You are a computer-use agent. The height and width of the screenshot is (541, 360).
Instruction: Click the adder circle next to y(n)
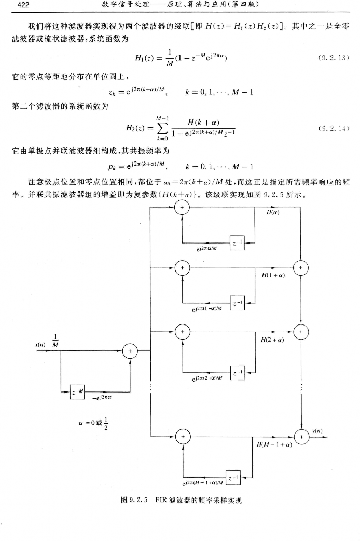coord(301,438)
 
